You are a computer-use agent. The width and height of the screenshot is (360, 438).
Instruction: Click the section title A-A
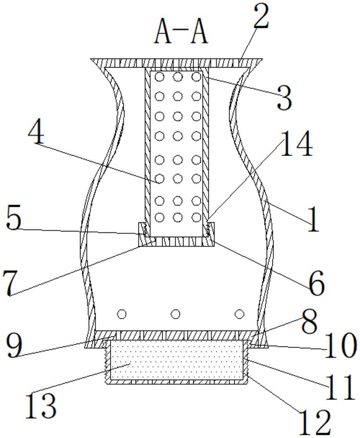[x=180, y=34]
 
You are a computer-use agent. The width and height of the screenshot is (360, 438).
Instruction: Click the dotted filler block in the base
[x=177, y=360]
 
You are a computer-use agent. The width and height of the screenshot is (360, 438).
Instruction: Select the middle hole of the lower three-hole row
[x=176, y=314]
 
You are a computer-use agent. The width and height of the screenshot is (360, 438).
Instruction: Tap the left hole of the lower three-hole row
[x=122, y=314]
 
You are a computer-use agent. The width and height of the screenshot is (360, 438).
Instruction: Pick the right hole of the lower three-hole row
[x=239, y=314]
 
